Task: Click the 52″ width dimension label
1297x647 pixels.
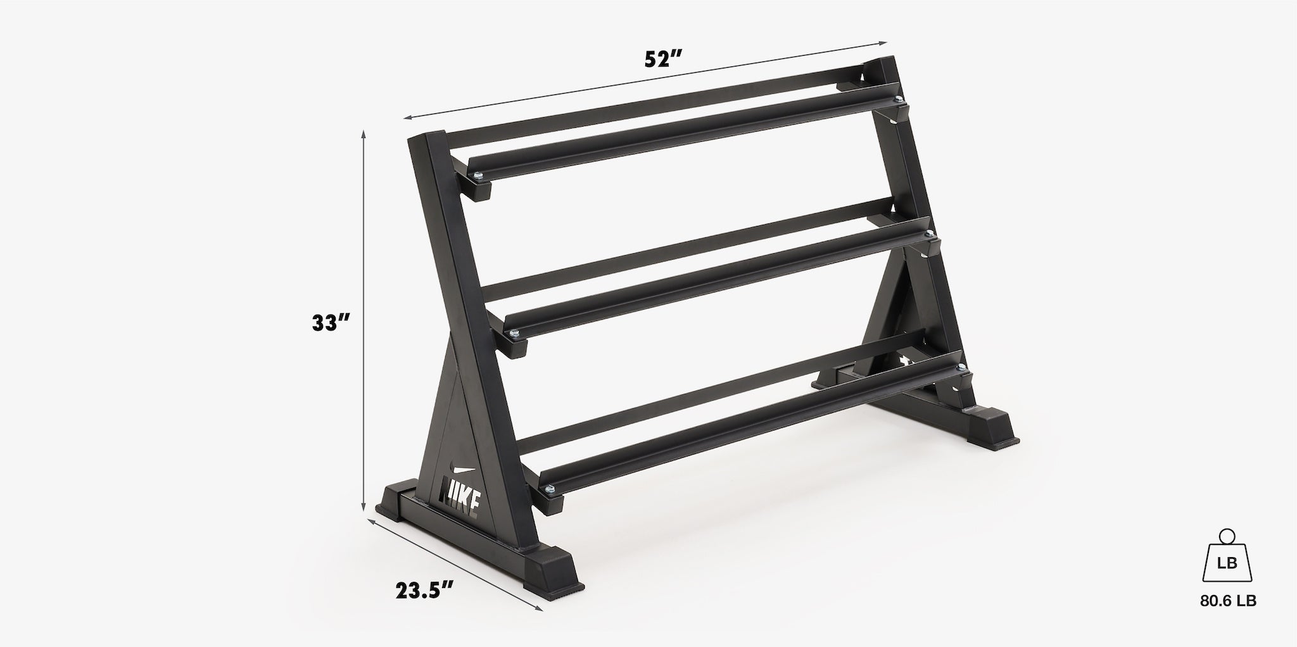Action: tap(662, 59)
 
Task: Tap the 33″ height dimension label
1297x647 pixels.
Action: tap(331, 323)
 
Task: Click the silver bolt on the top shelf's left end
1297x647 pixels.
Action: tap(478, 175)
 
